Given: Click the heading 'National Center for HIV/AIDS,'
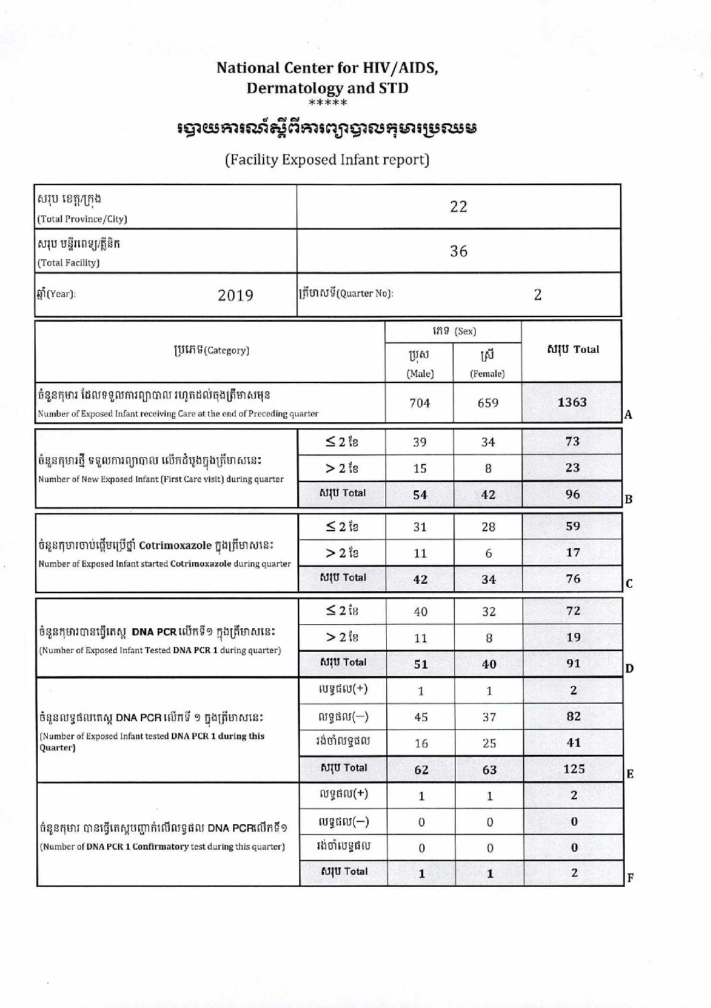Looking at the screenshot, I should (327, 68).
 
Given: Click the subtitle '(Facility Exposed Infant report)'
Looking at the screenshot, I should (327, 160).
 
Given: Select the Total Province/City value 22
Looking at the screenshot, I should (458, 207).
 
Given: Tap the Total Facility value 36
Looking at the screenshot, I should (458, 251).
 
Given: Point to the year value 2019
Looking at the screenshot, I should (235, 296).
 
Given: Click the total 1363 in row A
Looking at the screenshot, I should (572, 402).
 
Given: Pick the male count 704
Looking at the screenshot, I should (420, 403).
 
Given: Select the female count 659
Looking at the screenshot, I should (488, 403).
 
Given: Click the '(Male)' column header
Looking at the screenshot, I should (420, 374).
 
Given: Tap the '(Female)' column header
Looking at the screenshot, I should (487, 374).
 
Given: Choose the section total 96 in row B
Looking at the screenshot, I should (573, 494).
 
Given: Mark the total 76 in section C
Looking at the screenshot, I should (573, 578).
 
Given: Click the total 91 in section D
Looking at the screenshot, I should (574, 663).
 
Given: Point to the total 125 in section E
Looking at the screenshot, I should (574, 768).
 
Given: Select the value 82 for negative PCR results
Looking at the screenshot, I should (574, 716).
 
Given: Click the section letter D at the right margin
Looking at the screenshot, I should (629, 669).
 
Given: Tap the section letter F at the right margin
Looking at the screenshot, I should (630, 877).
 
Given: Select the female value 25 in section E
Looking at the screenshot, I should (489, 743).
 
